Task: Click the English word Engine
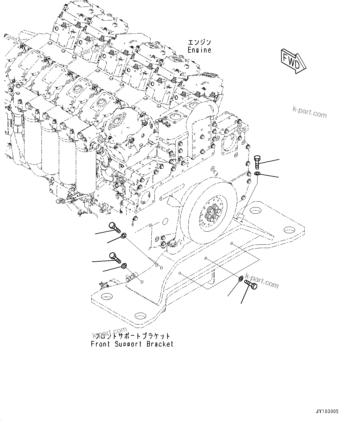coord(200,50)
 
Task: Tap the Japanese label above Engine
coord(200,42)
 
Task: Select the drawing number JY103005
coord(327,412)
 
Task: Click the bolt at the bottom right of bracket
coord(251,284)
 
